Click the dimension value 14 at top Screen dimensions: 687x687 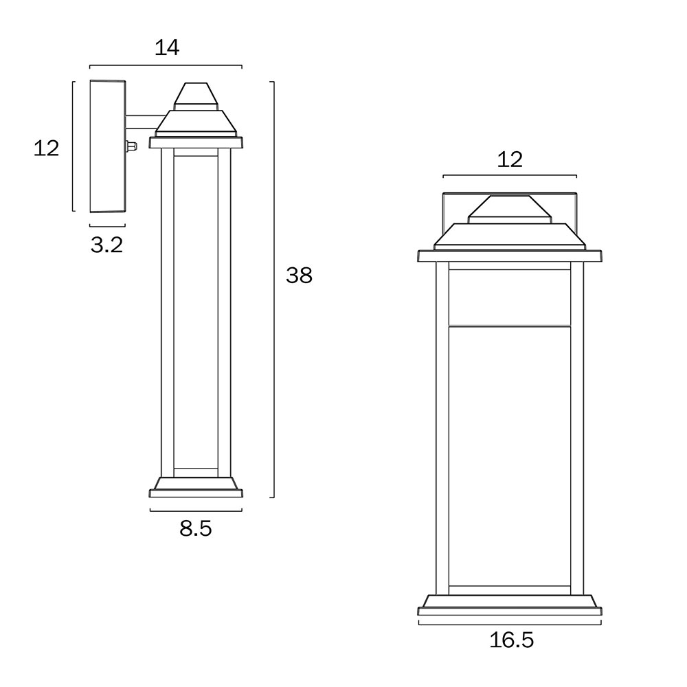click(x=167, y=47)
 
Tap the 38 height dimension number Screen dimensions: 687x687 click(x=300, y=275)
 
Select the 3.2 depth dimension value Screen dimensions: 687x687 click(x=107, y=245)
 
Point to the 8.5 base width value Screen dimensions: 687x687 click(x=195, y=529)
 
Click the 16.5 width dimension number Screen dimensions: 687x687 click(x=511, y=640)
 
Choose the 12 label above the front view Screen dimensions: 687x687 click(x=510, y=160)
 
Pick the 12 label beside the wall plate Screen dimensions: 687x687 click(x=46, y=148)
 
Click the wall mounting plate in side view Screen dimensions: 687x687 click(x=108, y=146)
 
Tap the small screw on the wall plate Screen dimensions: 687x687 click(x=131, y=146)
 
